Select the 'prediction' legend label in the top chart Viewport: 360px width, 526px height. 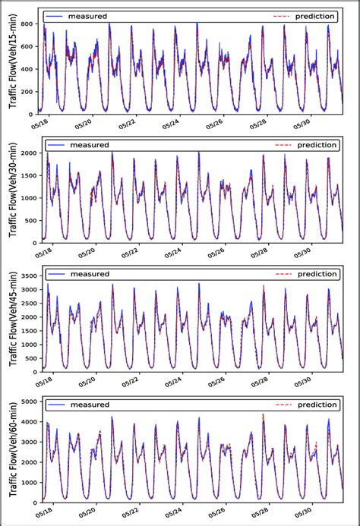(316, 15)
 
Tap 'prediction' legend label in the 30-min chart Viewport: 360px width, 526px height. (316, 144)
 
